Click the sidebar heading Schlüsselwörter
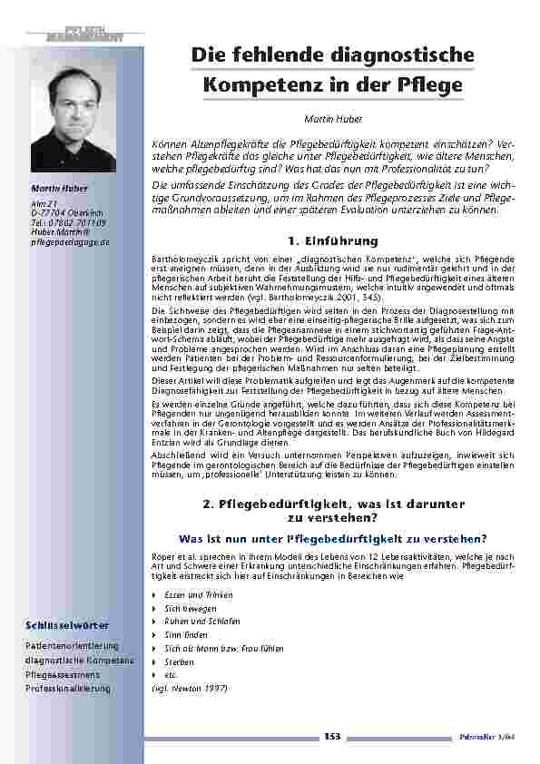pyautogui.click(x=69, y=625)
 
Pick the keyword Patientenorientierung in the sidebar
pyautogui.click(x=73, y=645)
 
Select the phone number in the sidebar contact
pyautogui.click(x=67, y=221)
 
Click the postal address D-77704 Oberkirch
pyautogui.click(x=64, y=211)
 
